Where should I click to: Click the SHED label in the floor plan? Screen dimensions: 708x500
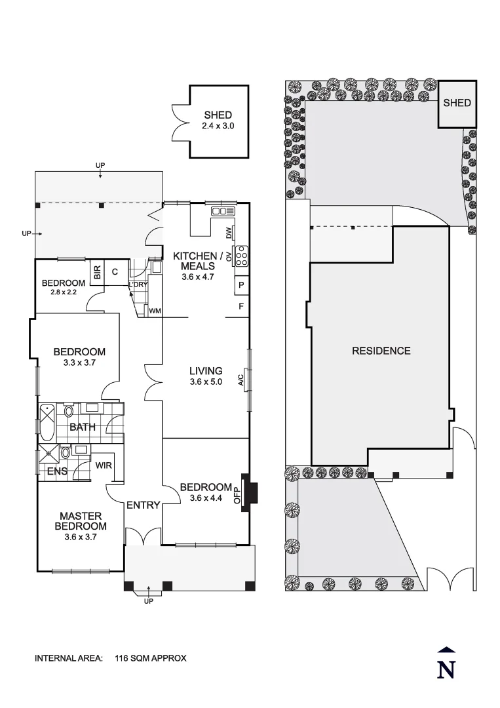(218, 115)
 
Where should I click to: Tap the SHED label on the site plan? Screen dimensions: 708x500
(457, 103)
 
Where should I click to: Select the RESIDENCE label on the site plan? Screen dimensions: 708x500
(381, 351)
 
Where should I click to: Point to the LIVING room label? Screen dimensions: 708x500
(206, 371)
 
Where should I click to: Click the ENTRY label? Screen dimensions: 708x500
(143, 505)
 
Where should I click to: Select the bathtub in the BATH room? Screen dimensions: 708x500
(47, 423)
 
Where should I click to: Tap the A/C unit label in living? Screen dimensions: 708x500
(242, 380)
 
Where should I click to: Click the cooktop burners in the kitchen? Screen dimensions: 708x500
(241, 255)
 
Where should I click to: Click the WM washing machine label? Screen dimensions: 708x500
(155, 310)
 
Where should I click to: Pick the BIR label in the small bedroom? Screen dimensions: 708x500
(97, 273)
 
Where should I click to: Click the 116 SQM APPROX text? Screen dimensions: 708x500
(151, 658)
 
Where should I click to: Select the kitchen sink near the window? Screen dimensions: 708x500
(223, 210)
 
